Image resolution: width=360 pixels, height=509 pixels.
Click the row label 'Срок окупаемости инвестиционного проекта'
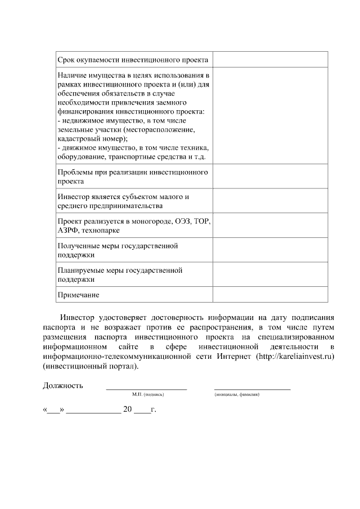[133, 60]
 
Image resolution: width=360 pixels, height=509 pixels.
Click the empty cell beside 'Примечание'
[271, 295]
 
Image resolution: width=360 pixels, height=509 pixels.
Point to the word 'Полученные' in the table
[78, 246]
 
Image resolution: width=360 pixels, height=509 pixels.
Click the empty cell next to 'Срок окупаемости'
[271, 60]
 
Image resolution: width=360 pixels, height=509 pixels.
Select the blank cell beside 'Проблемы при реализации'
[271, 176]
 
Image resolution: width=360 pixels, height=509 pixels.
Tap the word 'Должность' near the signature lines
[63, 386]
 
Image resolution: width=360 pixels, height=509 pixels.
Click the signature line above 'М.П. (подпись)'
[147, 388]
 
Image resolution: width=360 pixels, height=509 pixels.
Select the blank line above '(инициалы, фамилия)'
[253, 388]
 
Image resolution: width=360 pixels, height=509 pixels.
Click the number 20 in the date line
[128, 410]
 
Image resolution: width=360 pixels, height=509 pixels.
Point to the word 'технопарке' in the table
[100, 230]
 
